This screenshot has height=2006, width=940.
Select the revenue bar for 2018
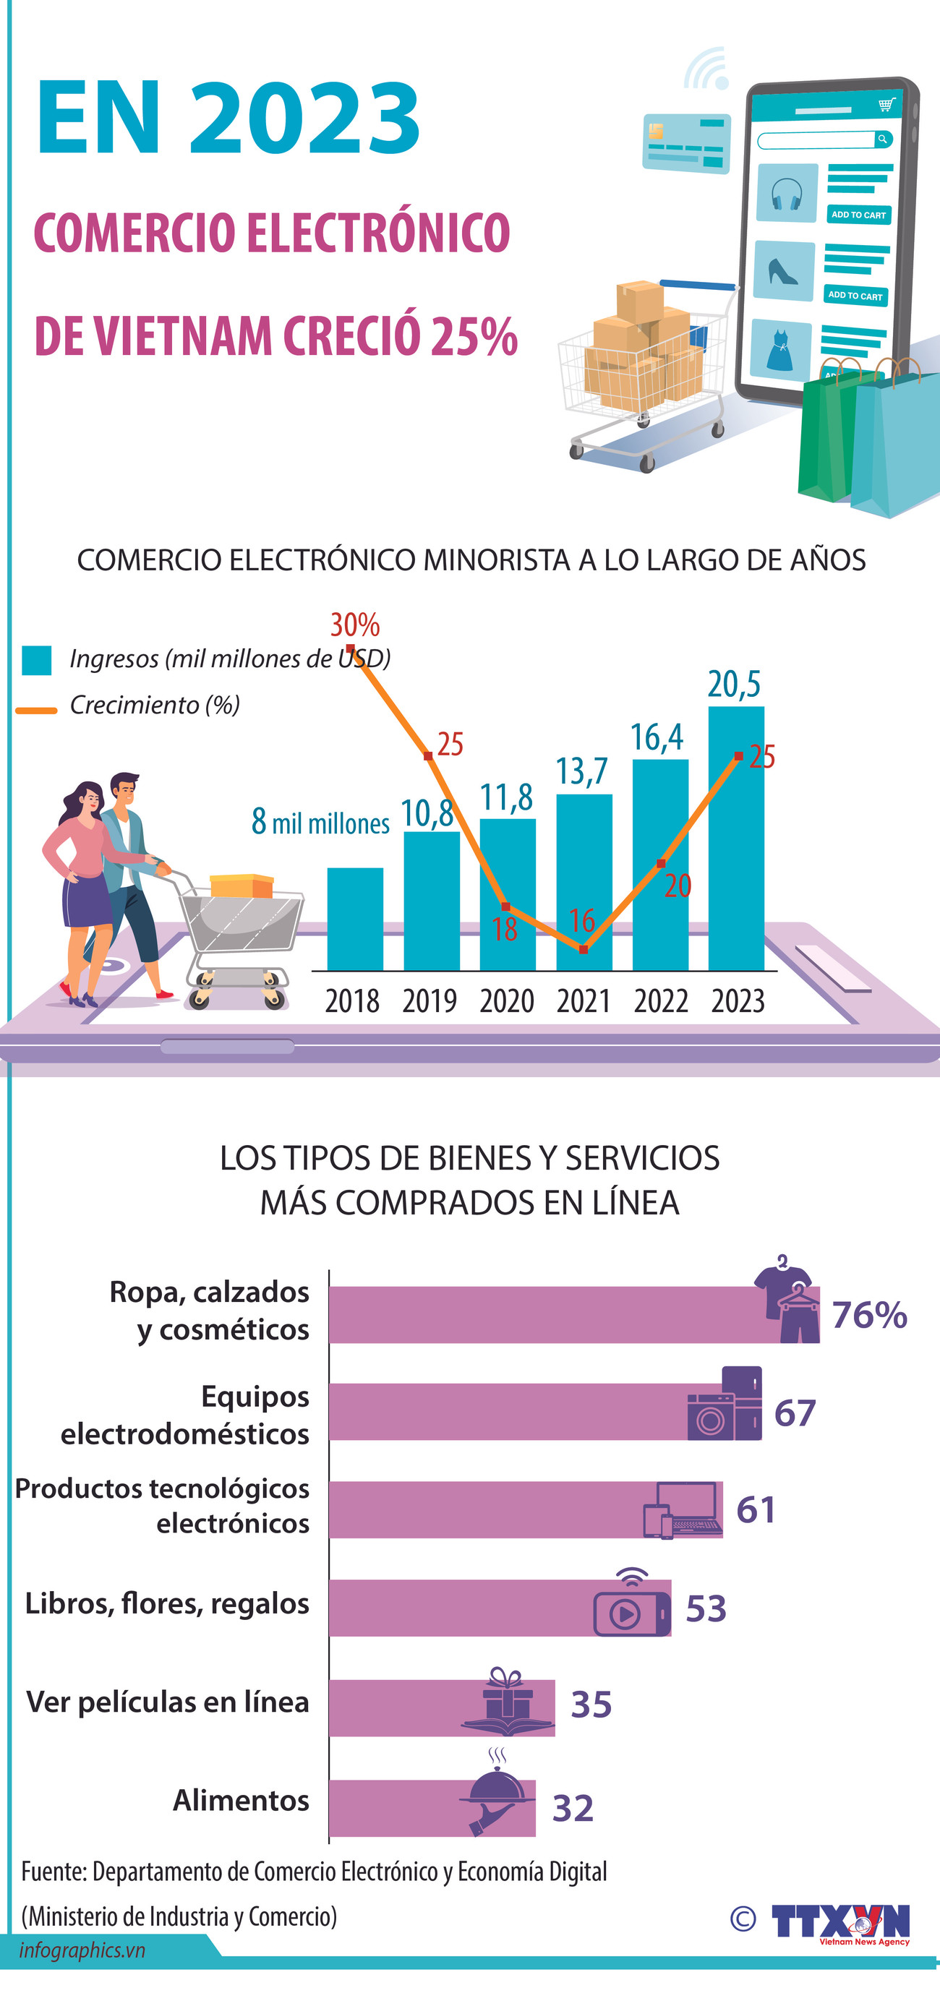(x=354, y=919)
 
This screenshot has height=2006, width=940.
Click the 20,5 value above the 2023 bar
(x=734, y=685)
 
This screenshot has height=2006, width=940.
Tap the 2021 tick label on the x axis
(x=584, y=1000)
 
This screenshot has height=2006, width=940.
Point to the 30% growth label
(x=355, y=625)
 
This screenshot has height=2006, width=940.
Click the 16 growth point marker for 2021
(x=584, y=949)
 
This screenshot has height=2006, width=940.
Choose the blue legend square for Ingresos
(x=37, y=659)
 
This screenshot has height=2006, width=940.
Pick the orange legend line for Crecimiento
(x=37, y=709)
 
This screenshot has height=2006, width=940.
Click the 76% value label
(x=869, y=1315)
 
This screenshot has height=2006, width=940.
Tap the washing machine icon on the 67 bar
(x=709, y=1418)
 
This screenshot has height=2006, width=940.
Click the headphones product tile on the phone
(x=787, y=193)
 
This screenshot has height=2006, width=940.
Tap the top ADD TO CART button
(x=858, y=214)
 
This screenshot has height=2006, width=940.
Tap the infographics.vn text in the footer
(x=82, y=1950)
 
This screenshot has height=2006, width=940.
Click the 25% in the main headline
(x=474, y=336)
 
